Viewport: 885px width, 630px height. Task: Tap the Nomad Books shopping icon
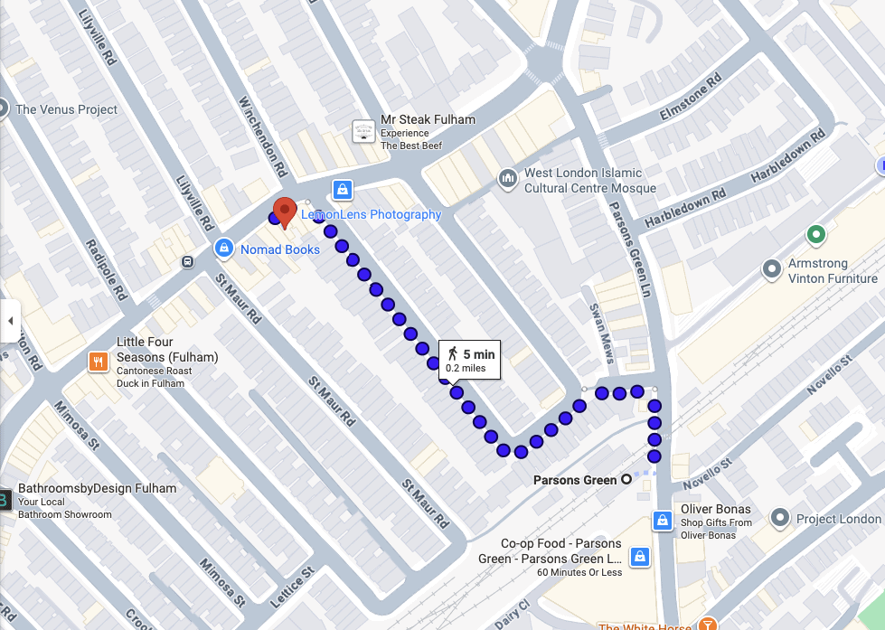pos(223,247)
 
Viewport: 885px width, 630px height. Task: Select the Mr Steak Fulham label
pos(428,119)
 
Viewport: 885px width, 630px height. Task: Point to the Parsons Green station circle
pos(626,480)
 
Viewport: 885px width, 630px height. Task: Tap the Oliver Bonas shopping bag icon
pos(663,521)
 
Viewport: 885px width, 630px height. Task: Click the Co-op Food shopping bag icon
pos(639,557)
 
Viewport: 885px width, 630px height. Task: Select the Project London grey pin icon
pos(779,519)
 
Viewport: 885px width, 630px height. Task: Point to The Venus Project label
pos(67,109)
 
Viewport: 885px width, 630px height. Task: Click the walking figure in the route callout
pos(453,354)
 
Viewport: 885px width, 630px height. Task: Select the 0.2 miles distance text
pos(466,369)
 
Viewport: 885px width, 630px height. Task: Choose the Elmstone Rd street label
pos(692,99)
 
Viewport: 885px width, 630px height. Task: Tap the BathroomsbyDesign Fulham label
pos(97,488)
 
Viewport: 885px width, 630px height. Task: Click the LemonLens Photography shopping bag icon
pos(342,189)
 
